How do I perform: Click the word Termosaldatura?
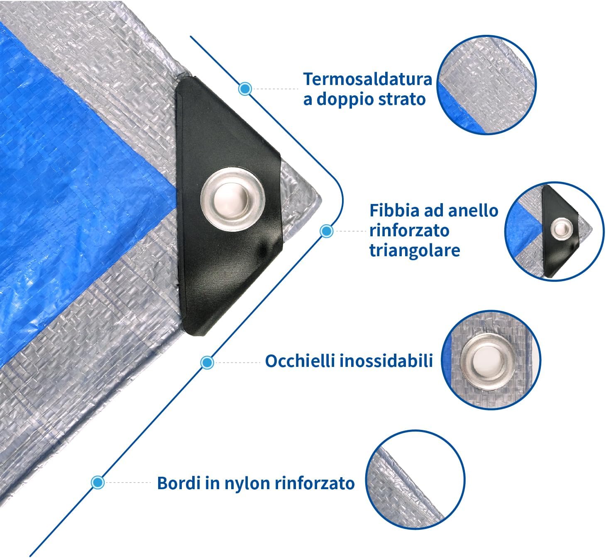[368, 79]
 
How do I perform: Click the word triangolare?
[414, 250]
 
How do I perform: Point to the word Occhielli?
[300, 361]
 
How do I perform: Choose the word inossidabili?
[386, 361]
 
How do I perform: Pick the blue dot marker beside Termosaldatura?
[245, 88]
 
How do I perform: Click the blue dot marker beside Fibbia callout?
[327, 231]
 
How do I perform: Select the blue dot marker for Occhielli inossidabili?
[207, 363]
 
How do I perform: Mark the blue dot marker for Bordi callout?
[98, 482]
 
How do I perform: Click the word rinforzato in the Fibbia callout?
[409, 230]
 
